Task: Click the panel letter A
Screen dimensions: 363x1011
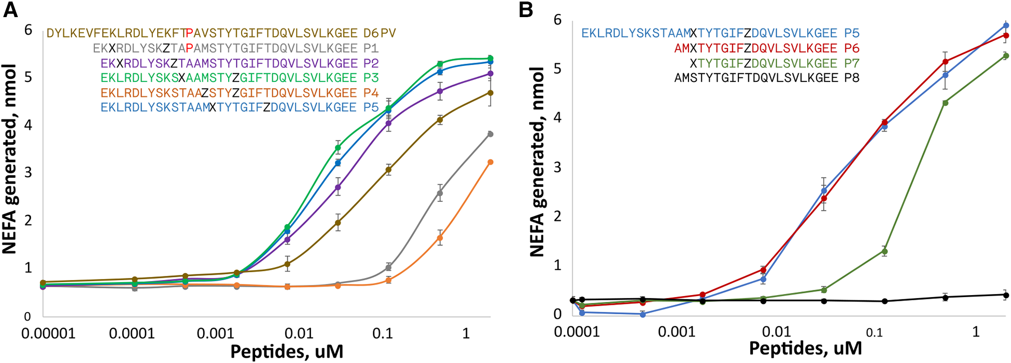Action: click(11, 10)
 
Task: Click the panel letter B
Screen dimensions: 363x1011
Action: click(526, 10)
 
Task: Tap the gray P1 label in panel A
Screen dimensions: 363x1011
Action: click(371, 49)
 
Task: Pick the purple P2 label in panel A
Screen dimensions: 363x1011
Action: click(371, 64)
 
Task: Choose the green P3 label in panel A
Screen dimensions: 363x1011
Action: click(371, 78)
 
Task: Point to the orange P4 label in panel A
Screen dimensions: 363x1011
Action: click(371, 93)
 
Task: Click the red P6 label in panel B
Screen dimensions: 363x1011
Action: click(851, 49)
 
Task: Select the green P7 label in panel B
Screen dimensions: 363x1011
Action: click(851, 64)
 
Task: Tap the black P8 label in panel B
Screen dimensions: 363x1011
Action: click(851, 78)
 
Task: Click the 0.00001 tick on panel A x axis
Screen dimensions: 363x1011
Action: click(48, 333)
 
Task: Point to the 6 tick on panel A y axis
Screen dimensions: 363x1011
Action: click(28, 30)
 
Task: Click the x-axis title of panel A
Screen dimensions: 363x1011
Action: click(287, 352)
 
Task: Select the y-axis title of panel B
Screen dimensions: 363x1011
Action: click(538, 162)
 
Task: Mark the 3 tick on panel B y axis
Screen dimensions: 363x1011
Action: click(557, 167)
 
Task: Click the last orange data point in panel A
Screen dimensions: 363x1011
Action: click(490, 162)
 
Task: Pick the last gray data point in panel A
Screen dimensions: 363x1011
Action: click(490, 134)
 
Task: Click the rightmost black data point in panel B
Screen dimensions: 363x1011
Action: click(1006, 295)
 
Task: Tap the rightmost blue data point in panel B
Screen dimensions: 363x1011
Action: click(1006, 25)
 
